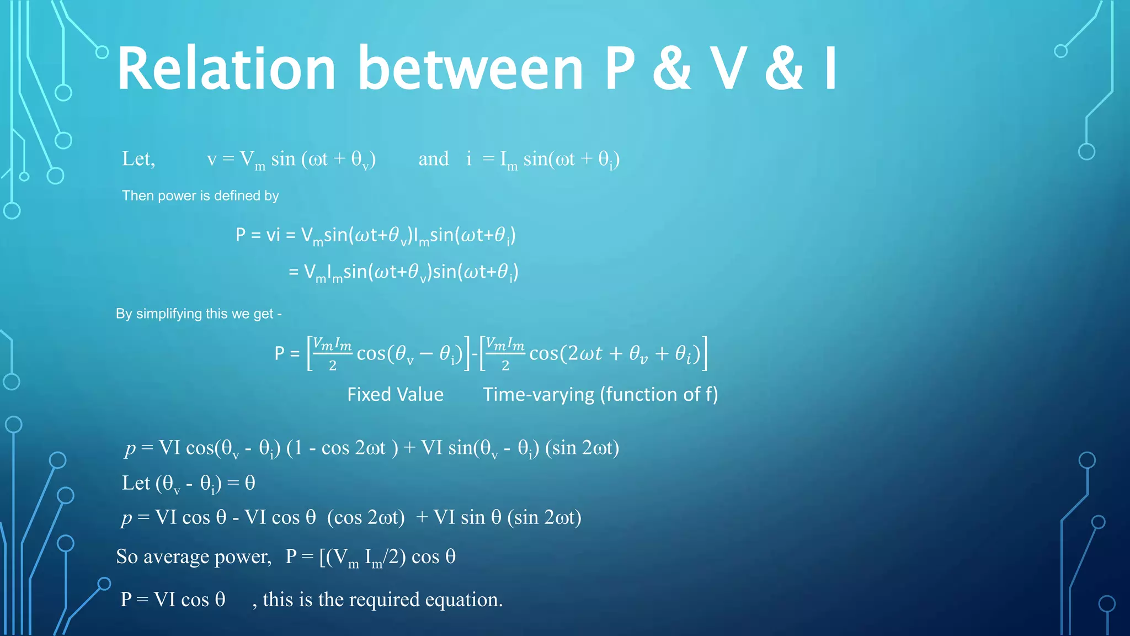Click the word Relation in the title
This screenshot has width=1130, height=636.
[226, 68]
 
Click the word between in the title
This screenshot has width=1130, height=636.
[471, 68]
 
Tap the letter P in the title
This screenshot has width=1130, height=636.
[620, 68]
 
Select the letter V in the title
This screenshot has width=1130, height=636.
[728, 68]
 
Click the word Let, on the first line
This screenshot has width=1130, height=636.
[138, 159]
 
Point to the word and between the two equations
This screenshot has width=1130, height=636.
[434, 159]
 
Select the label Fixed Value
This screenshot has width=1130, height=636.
[395, 394]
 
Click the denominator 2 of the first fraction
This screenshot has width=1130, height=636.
[333, 365]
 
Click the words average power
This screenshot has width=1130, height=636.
[207, 556]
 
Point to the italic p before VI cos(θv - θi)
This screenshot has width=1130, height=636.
[130, 448]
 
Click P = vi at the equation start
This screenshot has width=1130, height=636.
[258, 235]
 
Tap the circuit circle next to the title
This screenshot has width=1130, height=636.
[102, 52]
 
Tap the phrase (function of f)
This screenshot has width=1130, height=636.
[659, 394]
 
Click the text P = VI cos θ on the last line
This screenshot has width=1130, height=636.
[173, 600]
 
